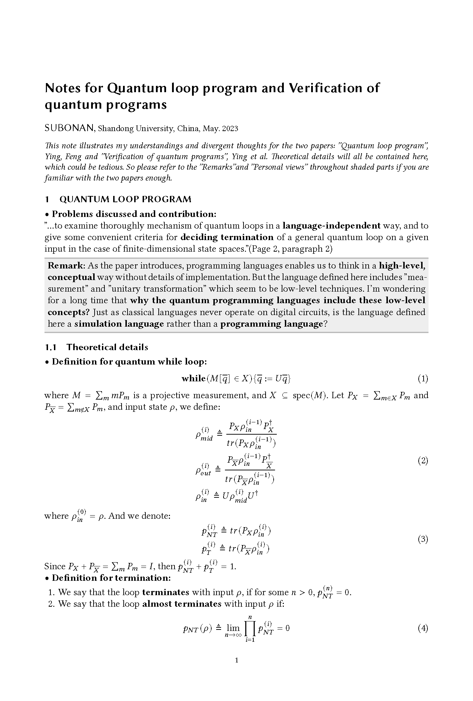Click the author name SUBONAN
[x=69, y=128]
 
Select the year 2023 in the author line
[x=230, y=129]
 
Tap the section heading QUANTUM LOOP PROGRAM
[x=125, y=199]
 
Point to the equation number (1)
[x=423, y=379]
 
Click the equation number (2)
[x=423, y=461]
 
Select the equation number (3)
[x=423, y=539]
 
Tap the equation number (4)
[x=423, y=628]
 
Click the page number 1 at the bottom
[x=236, y=660]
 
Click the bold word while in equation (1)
[x=193, y=379]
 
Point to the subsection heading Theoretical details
[x=107, y=347]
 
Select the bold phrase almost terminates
[x=181, y=604]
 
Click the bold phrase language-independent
[x=331, y=226]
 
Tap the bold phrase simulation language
[x=119, y=324]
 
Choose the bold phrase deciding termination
[x=227, y=237]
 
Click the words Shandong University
[x=135, y=129]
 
